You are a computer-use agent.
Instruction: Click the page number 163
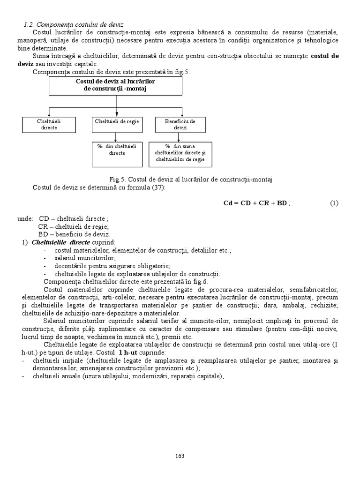[x=180, y=455]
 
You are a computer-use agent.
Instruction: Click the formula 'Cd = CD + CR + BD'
[x=256, y=203]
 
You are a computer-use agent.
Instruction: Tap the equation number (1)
[x=334, y=203]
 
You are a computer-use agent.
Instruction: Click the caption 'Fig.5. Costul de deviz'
[x=191, y=180]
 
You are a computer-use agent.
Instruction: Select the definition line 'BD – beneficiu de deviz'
[x=74, y=234]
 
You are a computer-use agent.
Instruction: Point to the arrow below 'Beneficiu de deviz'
[x=180, y=136]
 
